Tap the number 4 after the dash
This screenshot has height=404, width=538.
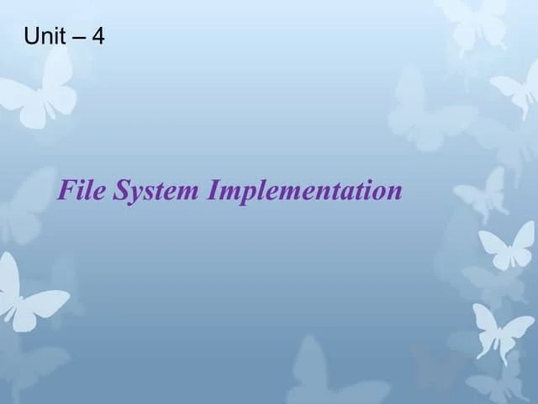(x=98, y=36)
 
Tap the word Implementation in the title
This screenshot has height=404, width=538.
(x=305, y=192)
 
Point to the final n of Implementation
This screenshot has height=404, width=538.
(x=396, y=194)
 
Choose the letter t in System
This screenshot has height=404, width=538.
(x=160, y=192)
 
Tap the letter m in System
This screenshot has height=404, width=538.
(x=186, y=194)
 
